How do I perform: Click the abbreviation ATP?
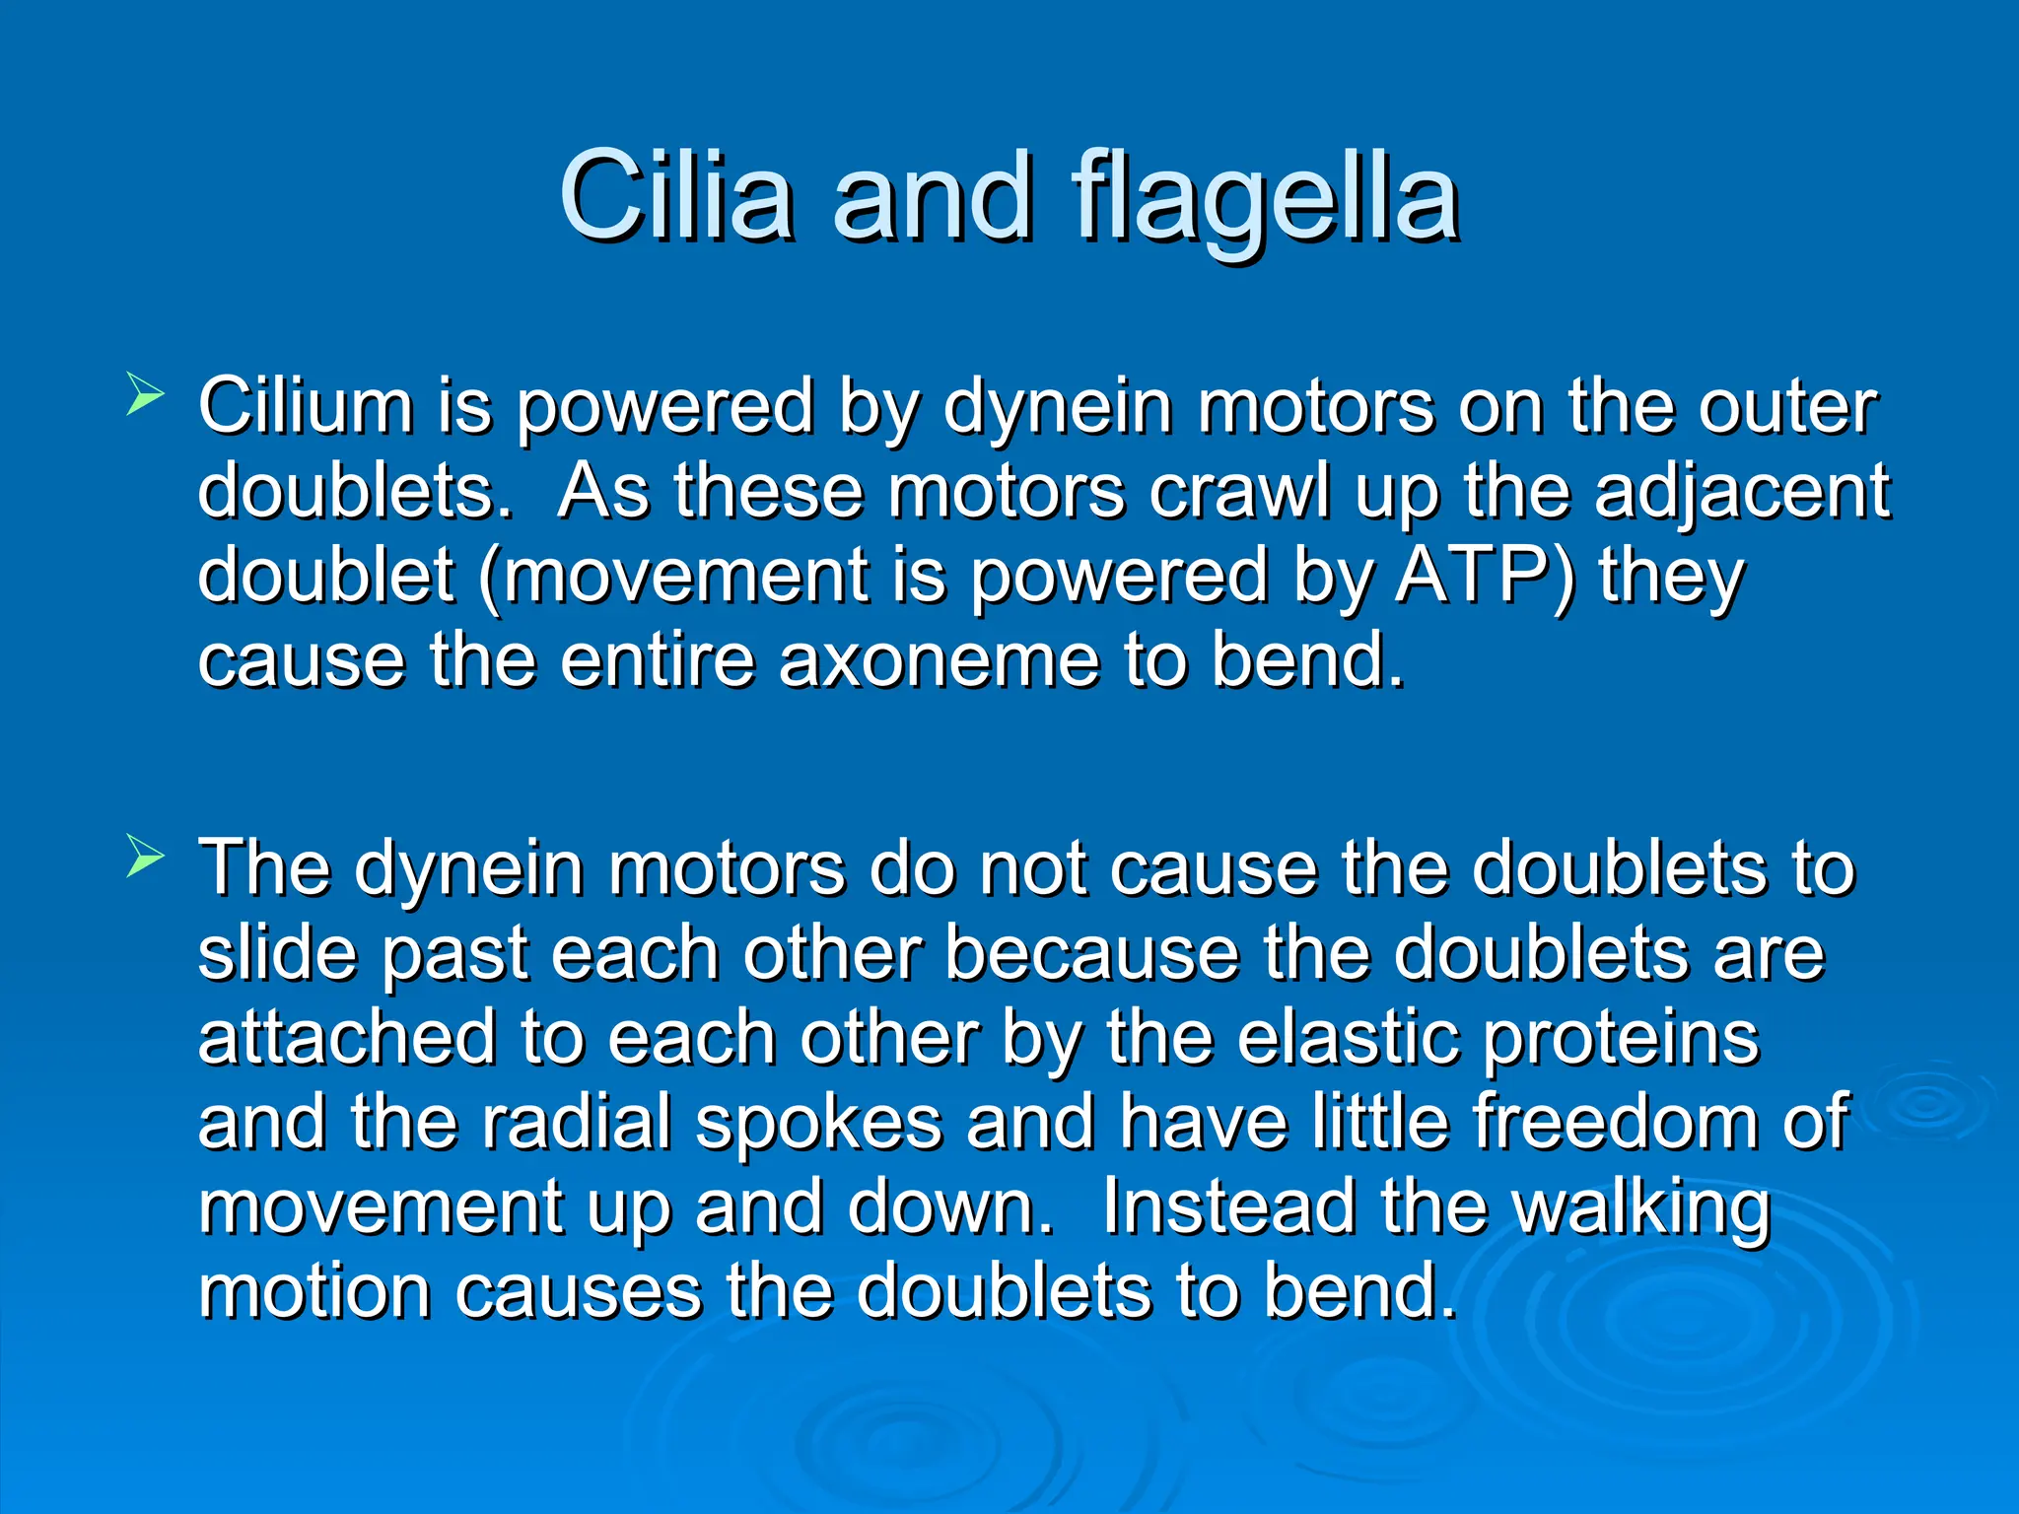(1484, 576)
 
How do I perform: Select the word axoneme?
(939, 660)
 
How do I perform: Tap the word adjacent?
(1742, 493)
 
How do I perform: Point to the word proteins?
(1621, 1040)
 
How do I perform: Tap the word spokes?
(818, 1125)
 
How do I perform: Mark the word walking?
(1641, 1209)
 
